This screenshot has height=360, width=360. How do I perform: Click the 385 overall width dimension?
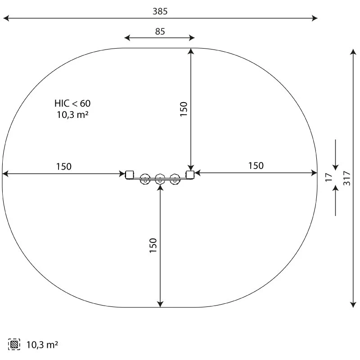coord(160,12)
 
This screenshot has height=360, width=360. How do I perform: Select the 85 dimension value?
coord(160,31)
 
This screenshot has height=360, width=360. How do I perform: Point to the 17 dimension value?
coord(329,177)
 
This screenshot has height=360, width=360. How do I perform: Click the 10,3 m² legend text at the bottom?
coord(42,345)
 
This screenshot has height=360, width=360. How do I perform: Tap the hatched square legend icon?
coord(14,345)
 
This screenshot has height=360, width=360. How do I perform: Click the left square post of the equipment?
coord(130,174)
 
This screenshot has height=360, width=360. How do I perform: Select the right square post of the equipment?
coord(190,174)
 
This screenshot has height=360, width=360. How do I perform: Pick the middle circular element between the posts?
coord(160,179)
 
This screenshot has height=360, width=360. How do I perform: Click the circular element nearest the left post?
coord(145,179)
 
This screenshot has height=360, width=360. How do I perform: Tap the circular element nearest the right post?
coord(175,179)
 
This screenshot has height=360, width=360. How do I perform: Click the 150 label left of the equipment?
coord(63,166)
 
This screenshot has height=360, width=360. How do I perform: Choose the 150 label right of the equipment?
coord(256,166)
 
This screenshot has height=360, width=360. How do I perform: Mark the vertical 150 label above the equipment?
coord(184,109)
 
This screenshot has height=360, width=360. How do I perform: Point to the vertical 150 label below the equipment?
coord(153,246)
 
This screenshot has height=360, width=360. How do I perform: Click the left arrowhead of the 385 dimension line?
coord(5,18)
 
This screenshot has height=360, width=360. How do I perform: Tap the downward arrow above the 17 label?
coord(336,162)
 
